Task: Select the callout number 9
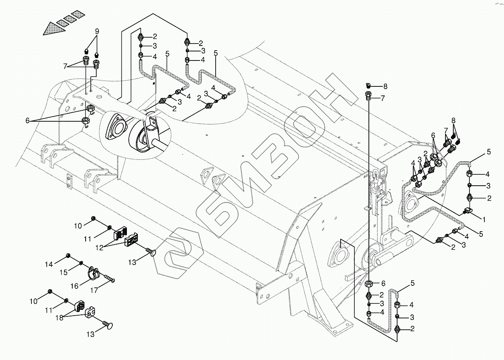click(x=96, y=32)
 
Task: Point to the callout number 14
click(x=49, y=265)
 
